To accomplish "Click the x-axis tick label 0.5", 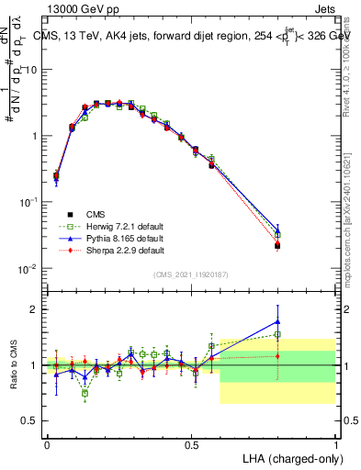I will click(x=191, y=444).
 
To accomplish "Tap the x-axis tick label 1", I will click(x=335, y=444).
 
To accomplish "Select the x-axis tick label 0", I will click(x=47, y=444).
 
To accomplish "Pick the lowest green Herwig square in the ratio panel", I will click(x=85, y=393).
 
